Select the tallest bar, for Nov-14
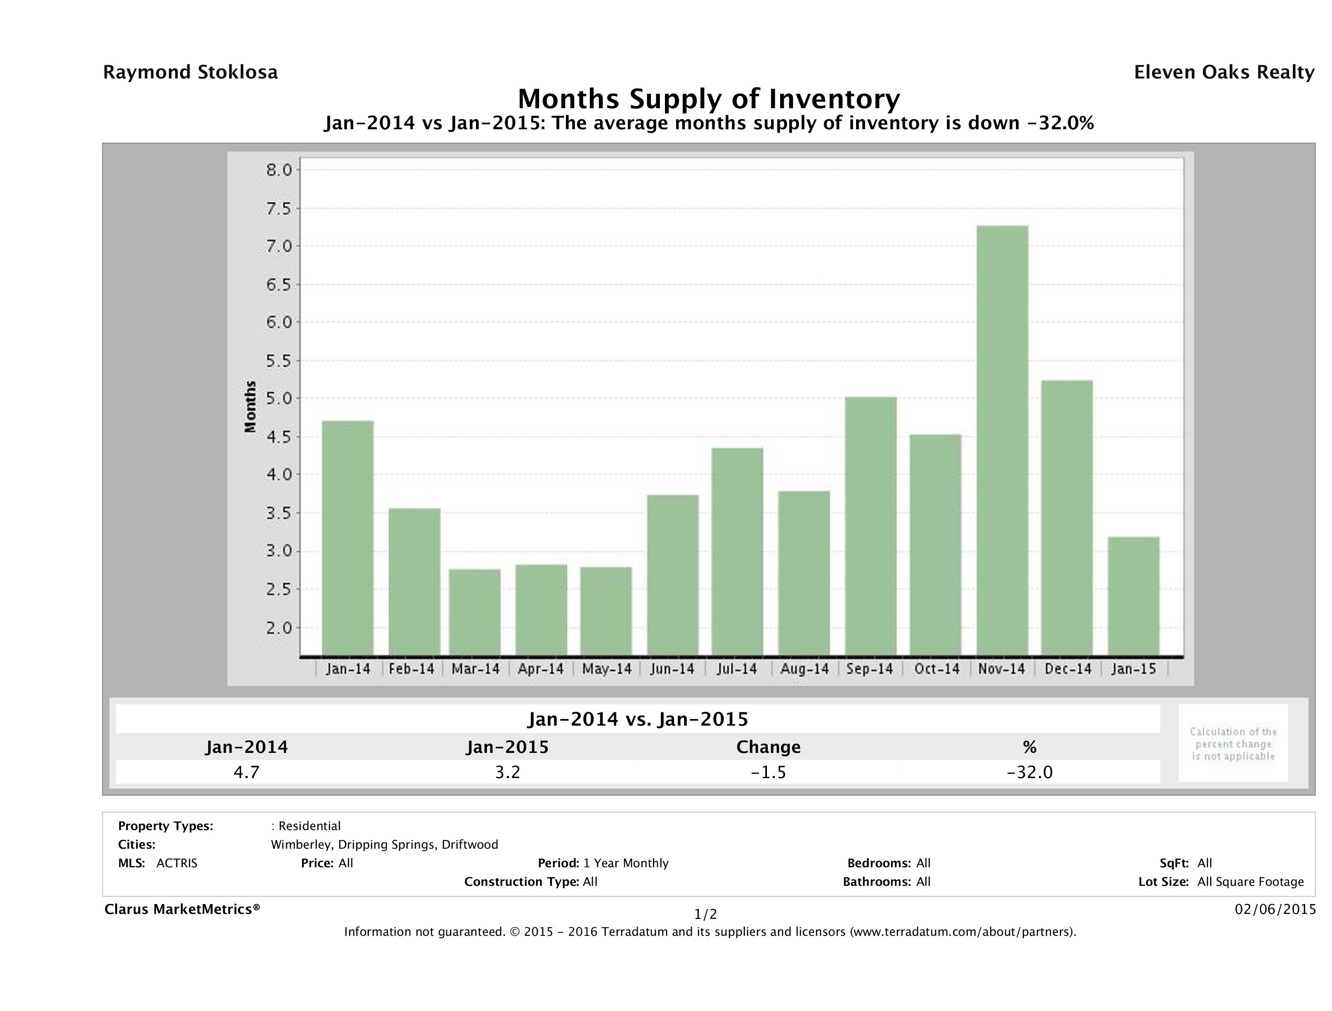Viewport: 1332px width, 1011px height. pos(1002,440)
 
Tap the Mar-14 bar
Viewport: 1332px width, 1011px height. pos(475,612)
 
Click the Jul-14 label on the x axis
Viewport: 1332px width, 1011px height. pos(736,669)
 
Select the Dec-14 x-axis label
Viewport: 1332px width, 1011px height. pos(1068,669)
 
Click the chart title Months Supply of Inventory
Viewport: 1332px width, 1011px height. pos(709,99)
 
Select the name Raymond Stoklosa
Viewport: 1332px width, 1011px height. pos(190,72)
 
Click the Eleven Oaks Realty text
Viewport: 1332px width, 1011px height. pos(1223,72)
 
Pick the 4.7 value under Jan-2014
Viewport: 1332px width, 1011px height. pos(246,772)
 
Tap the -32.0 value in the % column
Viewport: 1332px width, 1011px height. pos(1030,772)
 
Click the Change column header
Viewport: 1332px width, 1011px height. pos(769,747)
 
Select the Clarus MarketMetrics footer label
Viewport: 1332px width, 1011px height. pos(182,909)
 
